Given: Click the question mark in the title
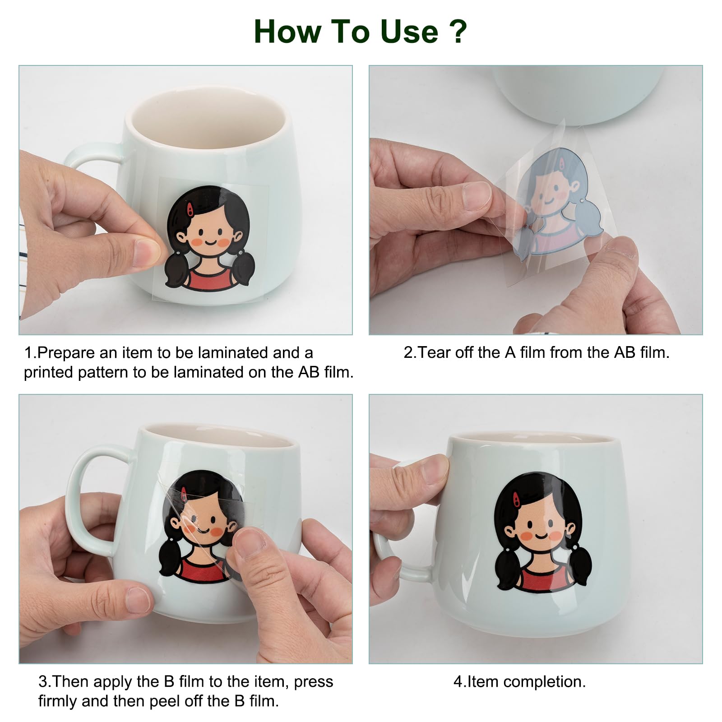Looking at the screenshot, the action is coord(458,31).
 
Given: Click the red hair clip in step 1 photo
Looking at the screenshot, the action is coord(190,208).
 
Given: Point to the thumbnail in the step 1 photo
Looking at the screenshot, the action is coord(147,253).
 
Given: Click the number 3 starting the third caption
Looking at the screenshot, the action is coord(42,681).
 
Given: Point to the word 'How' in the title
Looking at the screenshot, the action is coord(287,32).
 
